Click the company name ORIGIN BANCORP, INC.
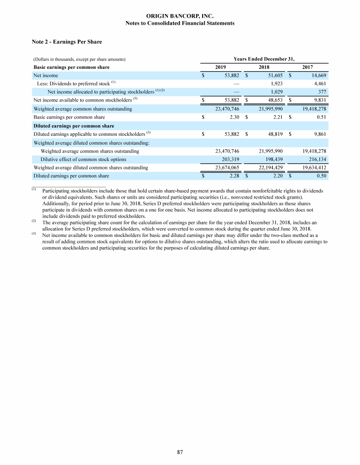[180, 16]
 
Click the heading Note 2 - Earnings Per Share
[66, 42]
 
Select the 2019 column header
[220, 67]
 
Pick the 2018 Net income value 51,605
[274, 75]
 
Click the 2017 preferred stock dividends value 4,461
[318, 83]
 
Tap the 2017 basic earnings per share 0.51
[320, 117]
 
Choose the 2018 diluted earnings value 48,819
[274, 134]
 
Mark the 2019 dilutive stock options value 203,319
[230, 159]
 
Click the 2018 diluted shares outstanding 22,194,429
[270, 167]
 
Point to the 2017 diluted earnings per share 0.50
[320, 176]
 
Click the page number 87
[180, 452]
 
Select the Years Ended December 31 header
[264, 59]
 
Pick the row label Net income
[45, 75]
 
